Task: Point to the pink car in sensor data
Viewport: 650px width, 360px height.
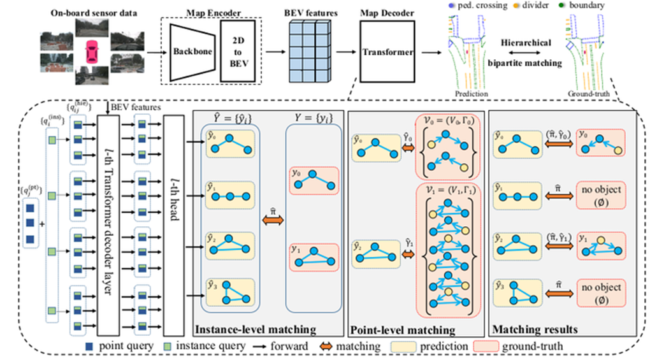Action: (x=93, y=49)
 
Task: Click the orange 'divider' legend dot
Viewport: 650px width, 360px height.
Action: (x=516, y=5)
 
